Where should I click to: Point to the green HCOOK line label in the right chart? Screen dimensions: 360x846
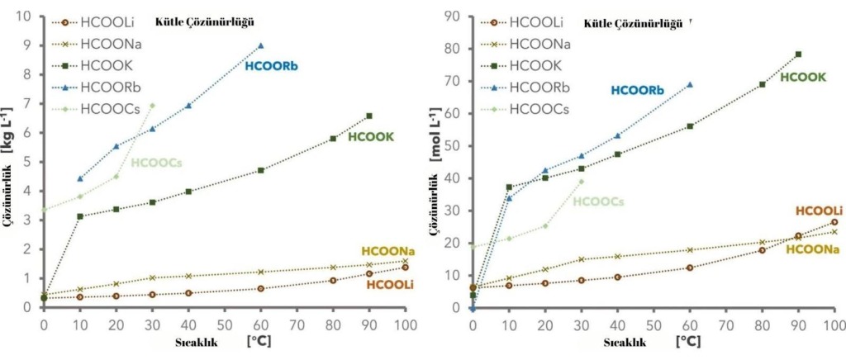(803, 77)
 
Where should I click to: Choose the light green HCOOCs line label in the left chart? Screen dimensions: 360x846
(156, 163)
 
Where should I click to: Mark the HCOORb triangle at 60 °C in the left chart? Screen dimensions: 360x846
(261, 45)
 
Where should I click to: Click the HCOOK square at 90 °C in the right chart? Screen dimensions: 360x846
(798, 54)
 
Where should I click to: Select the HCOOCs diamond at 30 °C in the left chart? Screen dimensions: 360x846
(152, 106)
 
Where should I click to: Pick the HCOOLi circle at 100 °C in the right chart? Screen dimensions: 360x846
(834, 222)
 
